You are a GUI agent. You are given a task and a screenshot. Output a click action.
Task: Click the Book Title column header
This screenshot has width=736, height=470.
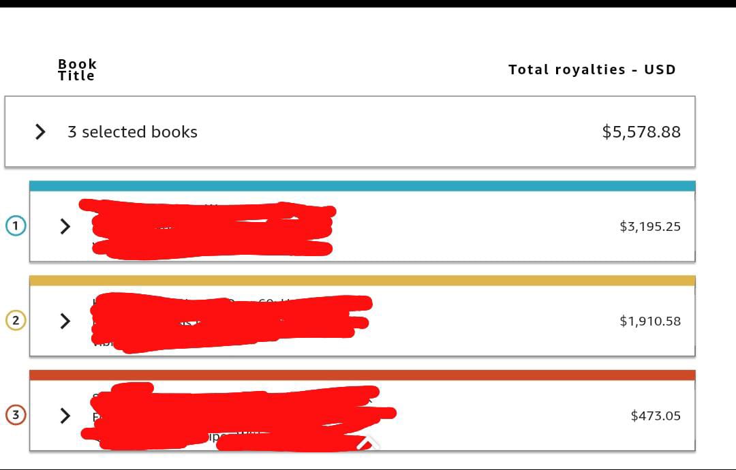(x=77, y=69)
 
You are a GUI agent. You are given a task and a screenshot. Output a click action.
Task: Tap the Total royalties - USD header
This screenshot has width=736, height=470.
(x=592, y=69)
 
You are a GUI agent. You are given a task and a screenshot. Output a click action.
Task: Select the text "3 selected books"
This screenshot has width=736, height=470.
(x=132, y=132)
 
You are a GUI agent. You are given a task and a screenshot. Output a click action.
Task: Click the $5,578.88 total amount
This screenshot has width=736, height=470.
(x=641, y=131)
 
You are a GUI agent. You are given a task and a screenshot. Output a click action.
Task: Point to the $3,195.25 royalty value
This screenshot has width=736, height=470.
(x=649, y=227)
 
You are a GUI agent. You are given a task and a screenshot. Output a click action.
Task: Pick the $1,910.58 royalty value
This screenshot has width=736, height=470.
(x=649, y=321)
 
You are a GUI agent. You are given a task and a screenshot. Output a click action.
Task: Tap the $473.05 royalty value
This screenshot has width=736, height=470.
(x=655, y=416)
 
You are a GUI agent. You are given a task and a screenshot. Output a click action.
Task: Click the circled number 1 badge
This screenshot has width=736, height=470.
(x=16, y=226)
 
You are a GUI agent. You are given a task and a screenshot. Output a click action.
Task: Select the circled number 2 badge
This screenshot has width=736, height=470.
(x=16, y=320)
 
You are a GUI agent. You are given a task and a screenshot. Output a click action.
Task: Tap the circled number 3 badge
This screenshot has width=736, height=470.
(x=16, y=415)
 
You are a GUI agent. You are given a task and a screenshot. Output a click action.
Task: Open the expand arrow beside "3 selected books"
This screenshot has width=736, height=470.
(x=40, y=131)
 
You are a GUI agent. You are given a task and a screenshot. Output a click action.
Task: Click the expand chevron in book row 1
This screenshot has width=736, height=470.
(x=65, y=226)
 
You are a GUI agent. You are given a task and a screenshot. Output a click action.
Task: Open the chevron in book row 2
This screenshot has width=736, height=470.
(x=65, y=321)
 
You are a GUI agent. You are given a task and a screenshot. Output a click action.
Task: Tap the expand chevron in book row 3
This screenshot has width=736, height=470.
(x=65, y=416)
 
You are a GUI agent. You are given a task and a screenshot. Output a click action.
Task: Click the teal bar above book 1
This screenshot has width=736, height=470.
(x=362, y=186)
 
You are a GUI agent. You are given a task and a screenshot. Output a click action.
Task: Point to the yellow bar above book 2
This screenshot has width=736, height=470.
(x=362, y=281)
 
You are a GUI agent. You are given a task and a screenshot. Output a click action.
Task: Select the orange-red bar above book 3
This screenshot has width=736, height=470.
(x=362, y=375)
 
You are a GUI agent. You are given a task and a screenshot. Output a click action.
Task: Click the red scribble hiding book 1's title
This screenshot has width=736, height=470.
(x=211, y=228)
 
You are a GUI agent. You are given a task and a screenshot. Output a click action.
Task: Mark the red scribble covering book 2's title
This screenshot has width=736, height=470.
(x=228, y=322)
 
